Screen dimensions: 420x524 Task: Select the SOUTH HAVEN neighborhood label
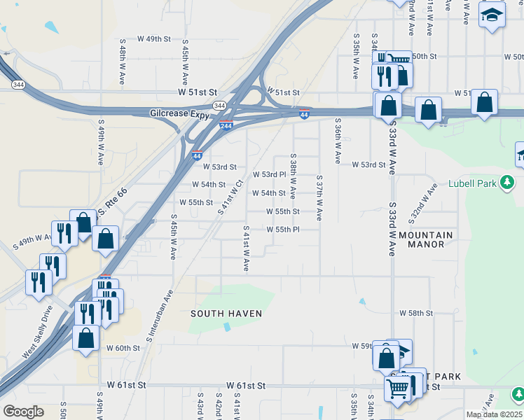(226, 314)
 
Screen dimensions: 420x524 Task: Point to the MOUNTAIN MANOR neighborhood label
(426, 239)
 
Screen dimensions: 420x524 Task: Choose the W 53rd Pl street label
(269, 174)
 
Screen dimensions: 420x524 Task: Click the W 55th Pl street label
(283, 229)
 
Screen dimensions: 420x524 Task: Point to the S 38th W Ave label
(293, 176)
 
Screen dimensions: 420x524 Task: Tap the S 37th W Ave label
(319, 199)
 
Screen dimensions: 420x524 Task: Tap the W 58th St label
(416, 314)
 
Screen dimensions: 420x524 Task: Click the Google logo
(23, 412)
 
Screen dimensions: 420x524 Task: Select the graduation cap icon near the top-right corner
(492, 14)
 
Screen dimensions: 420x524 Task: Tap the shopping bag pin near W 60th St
(85, 338)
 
